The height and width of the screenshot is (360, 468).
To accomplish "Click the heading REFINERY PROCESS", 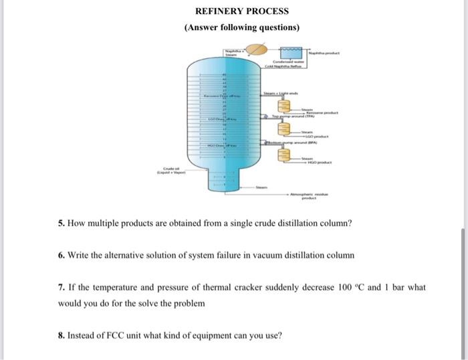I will tap(241, 11).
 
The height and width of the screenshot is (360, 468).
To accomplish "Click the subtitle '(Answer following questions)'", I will tap(241, 27).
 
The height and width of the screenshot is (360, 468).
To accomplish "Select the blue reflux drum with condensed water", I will tap(290, 52).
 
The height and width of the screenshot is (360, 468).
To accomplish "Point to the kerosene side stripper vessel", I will tap(283, 106).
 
